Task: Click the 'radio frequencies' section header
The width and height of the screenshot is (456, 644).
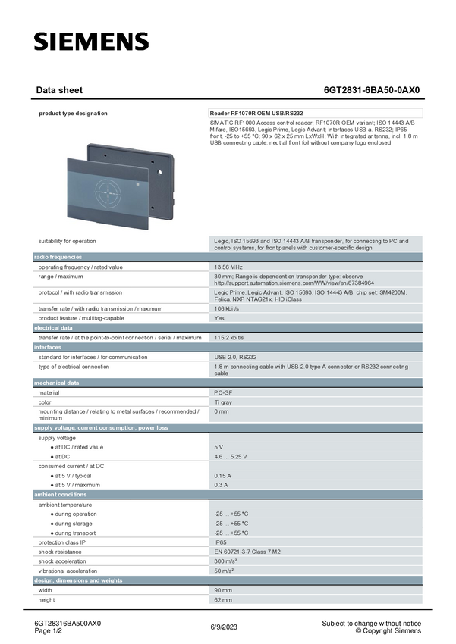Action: click(x=58, y=258)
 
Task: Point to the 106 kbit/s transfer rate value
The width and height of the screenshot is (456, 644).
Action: click(x=228, y=309)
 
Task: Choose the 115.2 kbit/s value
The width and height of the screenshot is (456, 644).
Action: click(x=229, y=338)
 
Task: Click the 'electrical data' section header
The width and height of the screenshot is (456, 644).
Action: click(x=53, y=328)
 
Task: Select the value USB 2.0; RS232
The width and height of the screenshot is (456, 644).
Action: click(x=235, y=357)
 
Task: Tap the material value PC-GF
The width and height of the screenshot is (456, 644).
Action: click(x=223, y=392)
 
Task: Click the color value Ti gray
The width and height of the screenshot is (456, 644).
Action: click(x=223, y=402)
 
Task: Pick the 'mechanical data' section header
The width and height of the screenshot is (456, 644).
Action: click(x=56, y=383)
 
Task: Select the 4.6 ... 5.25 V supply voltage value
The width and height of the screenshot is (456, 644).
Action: click(x=231, y=457)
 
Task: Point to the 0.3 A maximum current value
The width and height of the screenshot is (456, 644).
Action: click(x=221, y=485)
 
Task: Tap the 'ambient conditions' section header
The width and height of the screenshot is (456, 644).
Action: click(x=61, y=495)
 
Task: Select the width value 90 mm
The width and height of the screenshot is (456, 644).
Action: click(x=222, y=590)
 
